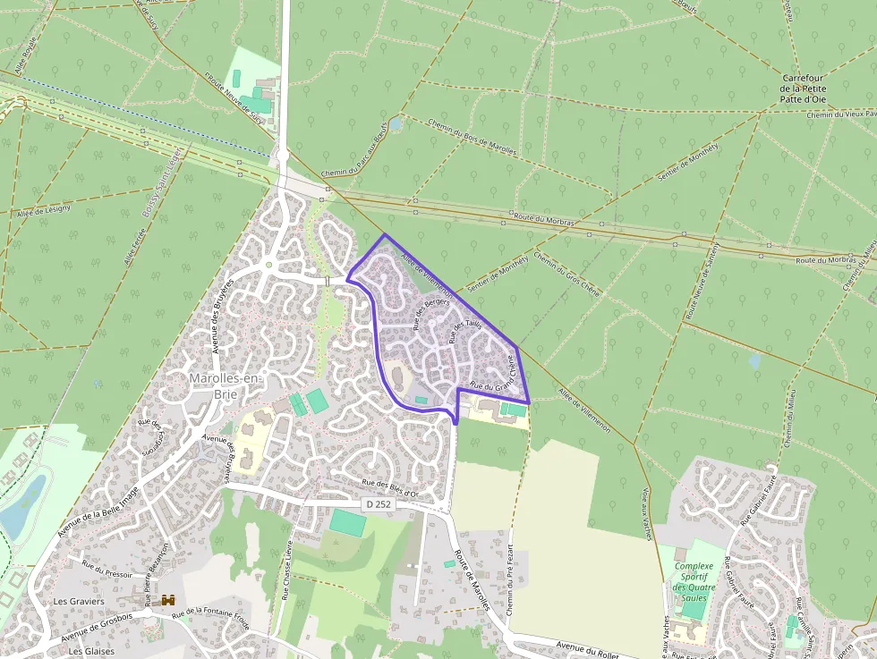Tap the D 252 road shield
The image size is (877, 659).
[379, 504]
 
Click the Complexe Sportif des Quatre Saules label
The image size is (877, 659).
[694, 582]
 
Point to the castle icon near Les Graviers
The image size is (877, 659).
[167, 602]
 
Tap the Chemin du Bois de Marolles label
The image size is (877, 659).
[472, 139]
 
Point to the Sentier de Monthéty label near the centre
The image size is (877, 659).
[497, 272]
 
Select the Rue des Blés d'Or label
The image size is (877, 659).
[390, 487]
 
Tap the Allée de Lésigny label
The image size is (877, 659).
[43, 209]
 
